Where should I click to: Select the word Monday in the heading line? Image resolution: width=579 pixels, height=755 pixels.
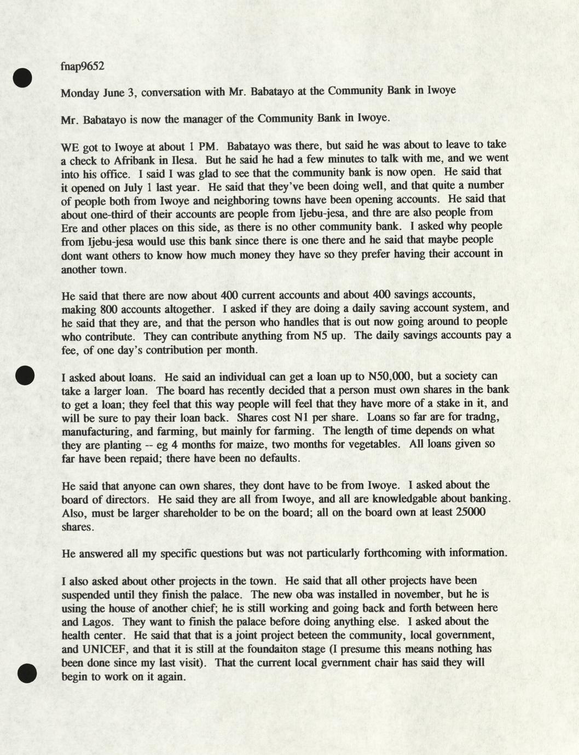point(80,92)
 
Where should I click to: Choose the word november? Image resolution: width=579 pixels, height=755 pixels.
point(427,594)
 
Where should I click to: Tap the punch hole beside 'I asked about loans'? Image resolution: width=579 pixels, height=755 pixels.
point(25,375)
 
